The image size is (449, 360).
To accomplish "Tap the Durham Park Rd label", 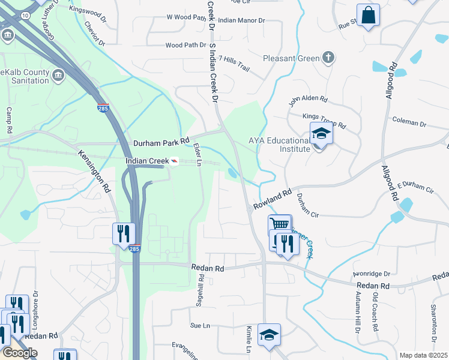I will pyautogui.click(x=161, y=143).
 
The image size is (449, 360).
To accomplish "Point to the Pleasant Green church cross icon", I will pyautogui.click(x=328, y=58).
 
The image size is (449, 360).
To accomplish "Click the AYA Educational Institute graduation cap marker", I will pyautogui.click(x=321, y=134).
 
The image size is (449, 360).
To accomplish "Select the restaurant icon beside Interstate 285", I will pyautogui.click(x=124, y=233).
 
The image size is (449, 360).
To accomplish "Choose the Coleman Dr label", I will pyautogui.click(x=409, y=122).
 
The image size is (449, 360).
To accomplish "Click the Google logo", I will pyautogui.click(x=19, y=353).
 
